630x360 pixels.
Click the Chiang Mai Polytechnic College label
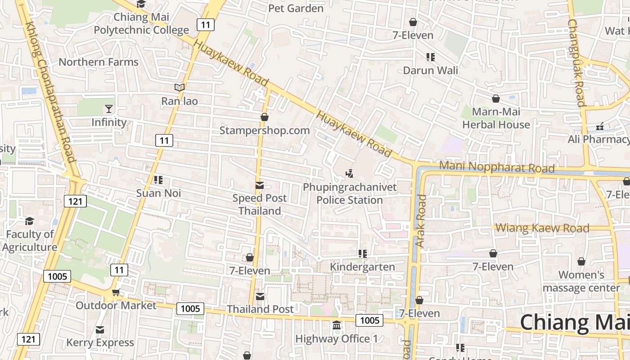tap(141, 24)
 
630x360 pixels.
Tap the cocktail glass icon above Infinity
tap(109, 108)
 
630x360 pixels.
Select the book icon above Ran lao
tap(179, 87)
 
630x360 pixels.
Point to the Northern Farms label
tap(99, 62)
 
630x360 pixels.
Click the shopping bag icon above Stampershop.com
tap(265, 117)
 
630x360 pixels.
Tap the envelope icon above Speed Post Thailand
tap(260, 185)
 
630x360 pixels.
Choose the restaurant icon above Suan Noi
tap(158, 180)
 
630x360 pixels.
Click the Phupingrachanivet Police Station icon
tap(350, 173)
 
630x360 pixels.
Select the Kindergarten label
tap(362, 267)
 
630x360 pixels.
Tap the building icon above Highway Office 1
tap(337, 325)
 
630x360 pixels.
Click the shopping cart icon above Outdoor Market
tap(116, 292)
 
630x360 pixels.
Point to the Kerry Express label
tap(100, 342)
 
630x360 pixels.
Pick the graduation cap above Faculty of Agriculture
tap(30, 221)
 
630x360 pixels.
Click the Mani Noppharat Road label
tap(496, 166)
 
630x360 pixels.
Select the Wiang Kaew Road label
tap(542, 228)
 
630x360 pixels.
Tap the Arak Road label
tap(421, 220)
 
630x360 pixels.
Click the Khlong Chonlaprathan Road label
tap(50, 92)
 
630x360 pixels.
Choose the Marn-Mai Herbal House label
tap(496, 118)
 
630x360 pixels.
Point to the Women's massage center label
tap(581, 281)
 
